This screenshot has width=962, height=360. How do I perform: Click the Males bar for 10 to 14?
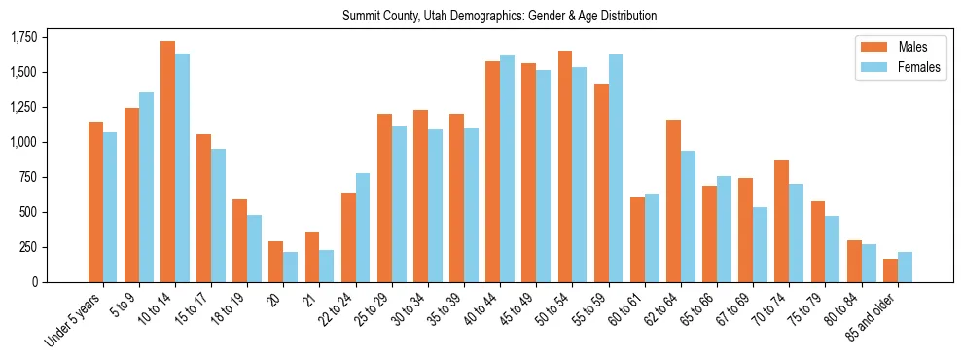[x=167, y=162]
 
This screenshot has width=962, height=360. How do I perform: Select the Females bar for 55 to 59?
[x=616, y=168]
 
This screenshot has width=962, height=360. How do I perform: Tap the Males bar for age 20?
[x=275, y=262]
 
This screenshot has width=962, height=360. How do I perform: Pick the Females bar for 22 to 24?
[x=363, y=228]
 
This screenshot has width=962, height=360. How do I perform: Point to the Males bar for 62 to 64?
[x=673, y=200]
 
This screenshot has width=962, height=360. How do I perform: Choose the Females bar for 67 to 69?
[x=760, y=244]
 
